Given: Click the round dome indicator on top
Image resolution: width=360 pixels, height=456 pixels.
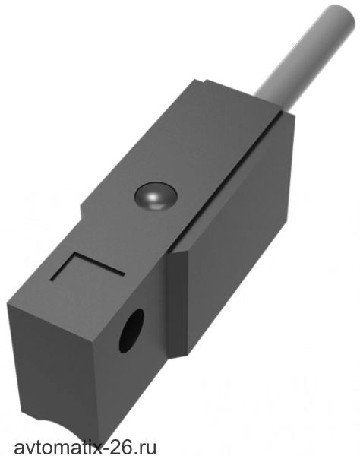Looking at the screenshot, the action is tap(156, 196).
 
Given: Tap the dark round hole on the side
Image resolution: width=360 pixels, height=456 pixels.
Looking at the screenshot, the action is tap(131, 331).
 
